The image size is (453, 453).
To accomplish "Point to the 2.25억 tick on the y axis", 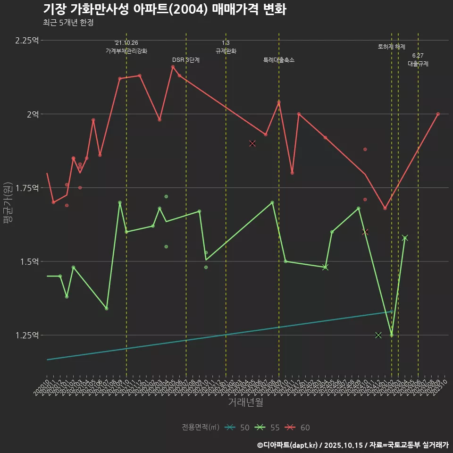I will click(27, 41).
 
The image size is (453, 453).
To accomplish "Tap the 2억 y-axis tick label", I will click(33, 114).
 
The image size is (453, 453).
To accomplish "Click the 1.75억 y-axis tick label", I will click(27, 188).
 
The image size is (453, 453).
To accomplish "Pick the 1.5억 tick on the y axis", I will click(29, 261).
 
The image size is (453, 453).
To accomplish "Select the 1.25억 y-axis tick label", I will click(27, 335).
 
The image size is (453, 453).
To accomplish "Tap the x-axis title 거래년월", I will click(245, 402).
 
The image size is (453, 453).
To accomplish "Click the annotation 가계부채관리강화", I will click(126, 51).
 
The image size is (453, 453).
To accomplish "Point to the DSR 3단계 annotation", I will click(186, 60).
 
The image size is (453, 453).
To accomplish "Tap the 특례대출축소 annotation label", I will click(279, 60).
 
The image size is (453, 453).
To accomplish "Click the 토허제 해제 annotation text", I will click(392, 47).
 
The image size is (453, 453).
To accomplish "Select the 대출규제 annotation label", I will click(418, 63).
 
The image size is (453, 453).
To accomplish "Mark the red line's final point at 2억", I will click(438, 114).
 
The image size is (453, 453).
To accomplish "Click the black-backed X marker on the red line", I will click(252, 143).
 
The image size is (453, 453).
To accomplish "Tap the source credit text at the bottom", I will click(352, 445).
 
